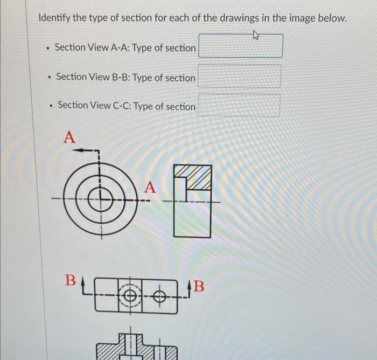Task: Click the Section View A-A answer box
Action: tap(241, 46)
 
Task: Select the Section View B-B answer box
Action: tap(239, 77)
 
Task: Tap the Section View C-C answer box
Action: tap(239, 105)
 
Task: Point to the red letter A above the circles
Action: tap(69, 137)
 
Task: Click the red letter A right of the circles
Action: tap(150, 188)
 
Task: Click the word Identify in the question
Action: tap(54, 18)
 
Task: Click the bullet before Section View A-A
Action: tap(47, 48)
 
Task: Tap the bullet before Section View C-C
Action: tap(50, 106)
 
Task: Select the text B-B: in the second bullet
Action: tap(121, 78)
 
